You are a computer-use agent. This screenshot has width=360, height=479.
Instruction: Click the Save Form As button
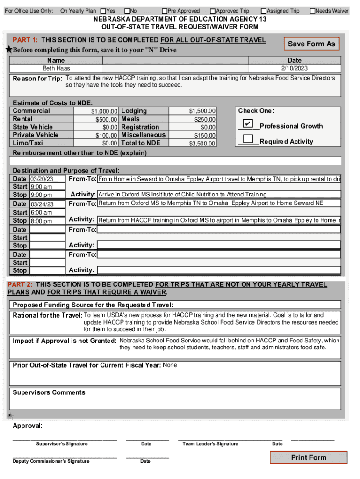coord(311,44)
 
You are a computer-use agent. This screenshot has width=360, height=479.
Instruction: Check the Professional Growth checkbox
coord(248,124)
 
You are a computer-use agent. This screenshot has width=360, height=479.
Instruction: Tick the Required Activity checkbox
coord(248,139)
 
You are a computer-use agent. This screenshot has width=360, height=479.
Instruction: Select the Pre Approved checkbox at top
coord(165,11)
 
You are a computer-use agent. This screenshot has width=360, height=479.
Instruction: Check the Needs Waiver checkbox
coord(312,11)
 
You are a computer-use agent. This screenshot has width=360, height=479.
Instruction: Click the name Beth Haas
coord(56,68)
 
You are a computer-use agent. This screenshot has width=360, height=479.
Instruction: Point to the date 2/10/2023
coord(295,68)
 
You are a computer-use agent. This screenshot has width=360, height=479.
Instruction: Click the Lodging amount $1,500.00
coord(202,111)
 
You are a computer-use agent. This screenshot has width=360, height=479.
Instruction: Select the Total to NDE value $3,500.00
coord(202,144)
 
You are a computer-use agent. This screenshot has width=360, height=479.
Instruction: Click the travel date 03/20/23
coord(42,179)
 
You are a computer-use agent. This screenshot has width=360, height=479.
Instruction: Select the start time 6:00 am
coord(41,212)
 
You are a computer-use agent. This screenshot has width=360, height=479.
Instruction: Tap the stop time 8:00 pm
coord(41,221)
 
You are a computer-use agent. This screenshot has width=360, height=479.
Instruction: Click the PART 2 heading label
coord(19,284)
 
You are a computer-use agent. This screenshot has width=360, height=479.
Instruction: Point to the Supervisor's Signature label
coord(62,444)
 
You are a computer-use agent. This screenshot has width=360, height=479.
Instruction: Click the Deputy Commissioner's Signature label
coord(51,461)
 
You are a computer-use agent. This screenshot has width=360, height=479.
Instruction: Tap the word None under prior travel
coord(170,365)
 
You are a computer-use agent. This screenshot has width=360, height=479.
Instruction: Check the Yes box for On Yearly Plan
coord(103,11)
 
